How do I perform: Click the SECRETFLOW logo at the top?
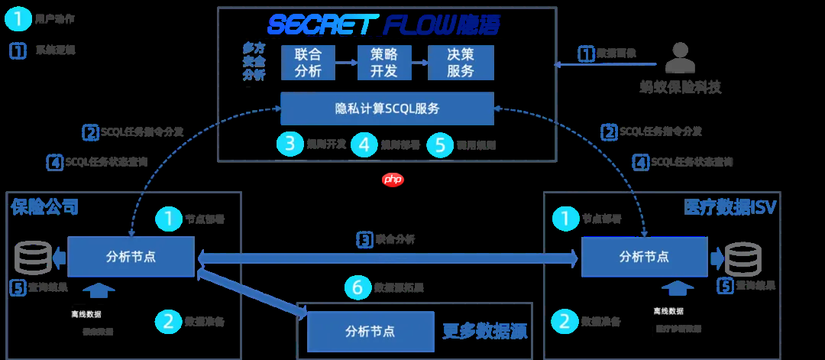point(384,24)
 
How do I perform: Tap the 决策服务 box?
point(460,63)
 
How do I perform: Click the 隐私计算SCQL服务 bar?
point(387,109)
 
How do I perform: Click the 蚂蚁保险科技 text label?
point(680,87)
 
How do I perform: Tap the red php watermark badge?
point(392,180)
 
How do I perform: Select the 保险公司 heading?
point(45,207)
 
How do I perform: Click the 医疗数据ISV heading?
point(730,207)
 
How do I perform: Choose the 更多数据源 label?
point(485,331)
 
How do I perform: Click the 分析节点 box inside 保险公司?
point(131,257)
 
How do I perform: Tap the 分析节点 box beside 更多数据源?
point(370,331)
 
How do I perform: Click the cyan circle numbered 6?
point(357,287)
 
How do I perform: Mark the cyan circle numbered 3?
point(290,144)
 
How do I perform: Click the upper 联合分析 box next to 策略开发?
point(308,63)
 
